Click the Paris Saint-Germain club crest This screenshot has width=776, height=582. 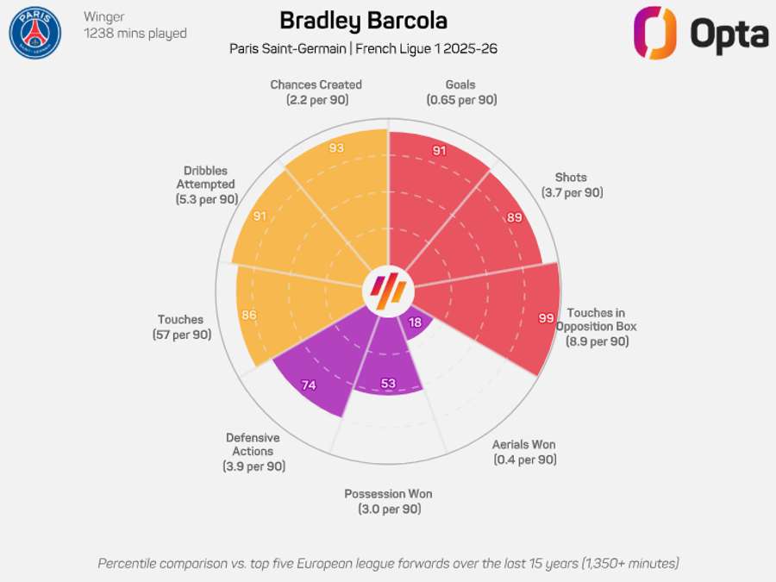tap(35, 33)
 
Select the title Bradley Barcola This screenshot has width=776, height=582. tap(364, 21)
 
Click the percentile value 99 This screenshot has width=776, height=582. tap(546, 318)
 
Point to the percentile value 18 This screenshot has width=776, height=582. tap(416, 322)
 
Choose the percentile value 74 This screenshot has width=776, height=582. tap(309, 385)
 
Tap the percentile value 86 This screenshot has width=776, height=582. tap(249, 315)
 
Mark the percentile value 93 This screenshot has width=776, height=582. tap(337, 148)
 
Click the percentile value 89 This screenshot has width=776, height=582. tap(515, 218)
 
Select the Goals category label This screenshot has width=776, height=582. tap(460, 84)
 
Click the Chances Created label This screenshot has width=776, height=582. tap(316, 84)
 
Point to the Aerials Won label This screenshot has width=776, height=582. tap(524, 445)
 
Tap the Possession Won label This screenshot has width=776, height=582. tap(388, 494)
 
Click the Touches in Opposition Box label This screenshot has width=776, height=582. tap(597, 320)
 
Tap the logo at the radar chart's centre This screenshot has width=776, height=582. tap(387, 292)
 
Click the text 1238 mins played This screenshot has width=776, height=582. tap(135, 34)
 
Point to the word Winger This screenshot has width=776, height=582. tap(104, 16)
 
